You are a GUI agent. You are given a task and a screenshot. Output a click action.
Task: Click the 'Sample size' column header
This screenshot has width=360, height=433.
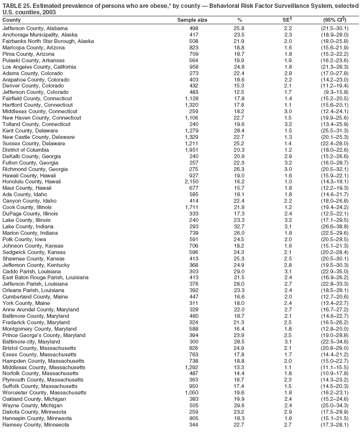tap(192, 20)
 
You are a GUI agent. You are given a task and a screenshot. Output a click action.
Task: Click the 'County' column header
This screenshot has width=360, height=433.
tap(11, 20)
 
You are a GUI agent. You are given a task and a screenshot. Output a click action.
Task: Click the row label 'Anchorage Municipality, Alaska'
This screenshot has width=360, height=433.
tap(40, 35)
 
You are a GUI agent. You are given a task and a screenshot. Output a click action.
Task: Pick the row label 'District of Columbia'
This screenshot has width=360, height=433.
tap(26, 150)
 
